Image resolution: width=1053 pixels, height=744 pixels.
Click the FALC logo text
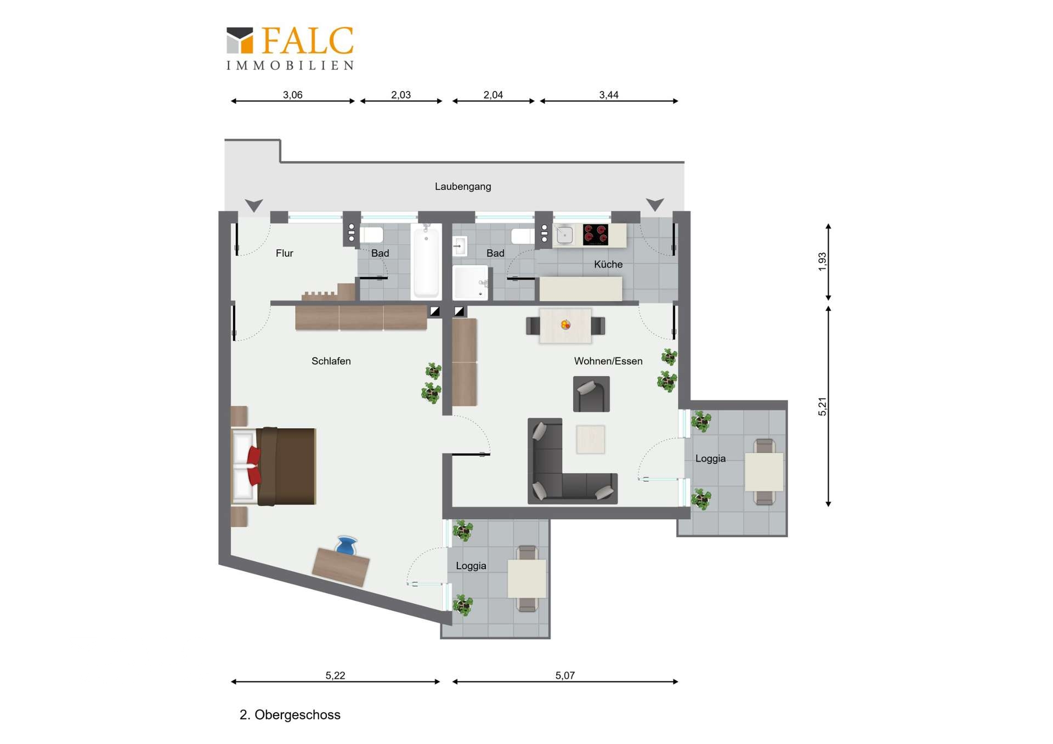point(308,41)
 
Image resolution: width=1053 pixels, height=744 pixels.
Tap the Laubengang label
point(463,186)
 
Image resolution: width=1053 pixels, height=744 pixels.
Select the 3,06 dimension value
point(292,95)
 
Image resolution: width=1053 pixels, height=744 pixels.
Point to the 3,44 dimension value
point(609,95)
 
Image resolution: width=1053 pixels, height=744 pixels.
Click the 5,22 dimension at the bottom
point(335,675)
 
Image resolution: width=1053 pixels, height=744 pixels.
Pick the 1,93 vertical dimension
point(822,262)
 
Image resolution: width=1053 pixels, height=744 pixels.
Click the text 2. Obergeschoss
point(290,715)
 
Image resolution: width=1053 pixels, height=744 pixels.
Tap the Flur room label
point(284,253)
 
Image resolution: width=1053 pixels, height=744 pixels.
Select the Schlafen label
point(331,361)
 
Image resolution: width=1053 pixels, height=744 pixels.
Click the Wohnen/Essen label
point(608,361)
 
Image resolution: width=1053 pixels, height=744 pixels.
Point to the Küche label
point(608,264)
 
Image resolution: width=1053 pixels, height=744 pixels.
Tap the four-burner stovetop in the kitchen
point(596,234)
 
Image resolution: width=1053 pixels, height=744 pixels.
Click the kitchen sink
point(564,235)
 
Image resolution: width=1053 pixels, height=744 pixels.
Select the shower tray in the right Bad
point(470,282)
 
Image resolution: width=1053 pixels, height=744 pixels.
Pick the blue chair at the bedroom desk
point(346,546)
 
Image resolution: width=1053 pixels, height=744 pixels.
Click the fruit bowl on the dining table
point(565,325)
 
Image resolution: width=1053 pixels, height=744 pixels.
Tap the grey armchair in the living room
point(591,394)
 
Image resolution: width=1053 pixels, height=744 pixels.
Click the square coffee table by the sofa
point(591,440)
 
